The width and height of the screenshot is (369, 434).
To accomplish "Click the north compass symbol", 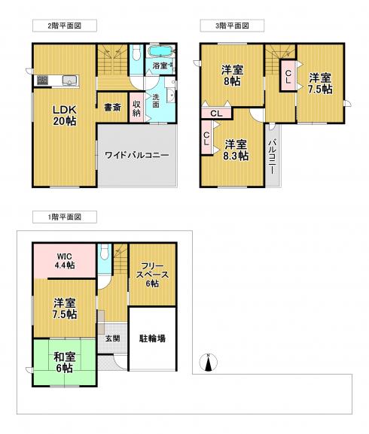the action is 209,363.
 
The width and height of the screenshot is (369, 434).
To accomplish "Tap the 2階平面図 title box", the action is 65,26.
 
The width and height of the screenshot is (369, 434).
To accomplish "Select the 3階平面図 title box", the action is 232,26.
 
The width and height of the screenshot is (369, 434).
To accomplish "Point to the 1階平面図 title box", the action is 65,217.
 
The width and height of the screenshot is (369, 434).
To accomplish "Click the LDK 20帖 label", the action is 65,115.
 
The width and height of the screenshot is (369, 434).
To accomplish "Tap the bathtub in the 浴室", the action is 161,51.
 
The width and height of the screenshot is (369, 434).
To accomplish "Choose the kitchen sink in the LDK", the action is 69,80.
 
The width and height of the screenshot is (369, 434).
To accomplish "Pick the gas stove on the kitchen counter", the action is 42,80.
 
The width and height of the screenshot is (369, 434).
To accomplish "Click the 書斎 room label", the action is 113,108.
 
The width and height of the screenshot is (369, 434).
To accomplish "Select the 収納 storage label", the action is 136,108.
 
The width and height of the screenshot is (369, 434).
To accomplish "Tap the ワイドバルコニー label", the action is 136,155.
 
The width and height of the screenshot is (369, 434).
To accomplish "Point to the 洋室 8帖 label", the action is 232,76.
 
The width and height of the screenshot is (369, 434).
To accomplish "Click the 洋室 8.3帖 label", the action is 236,150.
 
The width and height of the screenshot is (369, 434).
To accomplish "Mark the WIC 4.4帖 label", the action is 65,261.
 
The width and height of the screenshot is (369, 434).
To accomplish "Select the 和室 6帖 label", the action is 65,363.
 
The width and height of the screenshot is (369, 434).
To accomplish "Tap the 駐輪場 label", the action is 152,338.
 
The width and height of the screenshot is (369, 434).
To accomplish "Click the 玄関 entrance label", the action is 112,338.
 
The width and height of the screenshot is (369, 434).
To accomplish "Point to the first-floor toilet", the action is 105,251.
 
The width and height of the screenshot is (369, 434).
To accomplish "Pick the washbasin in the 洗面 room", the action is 171,96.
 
